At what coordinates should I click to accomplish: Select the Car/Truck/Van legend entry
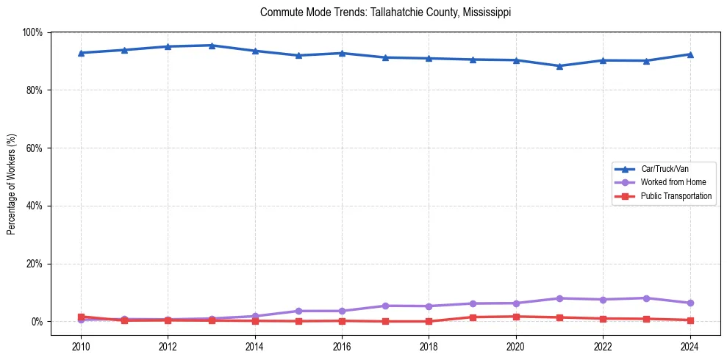coord(664,168)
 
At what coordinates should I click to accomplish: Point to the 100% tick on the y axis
coord(33,32)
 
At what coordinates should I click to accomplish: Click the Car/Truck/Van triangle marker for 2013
coord(211,46)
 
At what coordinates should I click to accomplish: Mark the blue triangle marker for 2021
coord(559,66)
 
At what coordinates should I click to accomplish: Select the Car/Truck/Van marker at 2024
coord(690,54)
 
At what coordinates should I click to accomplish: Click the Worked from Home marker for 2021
coord(559,298)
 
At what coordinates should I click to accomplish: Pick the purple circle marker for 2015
coord(298,311)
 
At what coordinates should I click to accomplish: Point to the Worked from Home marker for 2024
coord(690,303)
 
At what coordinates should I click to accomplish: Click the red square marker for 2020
coord(516,317)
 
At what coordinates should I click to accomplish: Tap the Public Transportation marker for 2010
coord(81,317)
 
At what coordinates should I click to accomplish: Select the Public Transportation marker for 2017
coord(385,321)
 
